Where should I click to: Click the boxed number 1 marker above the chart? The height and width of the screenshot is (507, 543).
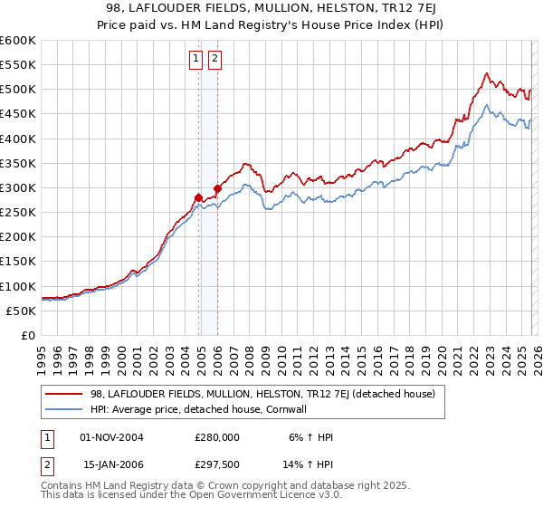point(195,60)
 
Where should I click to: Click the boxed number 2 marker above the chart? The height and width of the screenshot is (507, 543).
point(214,60)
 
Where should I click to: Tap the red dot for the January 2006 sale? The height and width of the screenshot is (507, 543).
point(218,189)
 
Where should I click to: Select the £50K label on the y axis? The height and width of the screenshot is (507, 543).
point(22,311)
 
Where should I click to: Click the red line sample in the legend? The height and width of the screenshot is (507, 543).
point(65,394)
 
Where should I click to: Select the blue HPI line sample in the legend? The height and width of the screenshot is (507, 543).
point(65,409)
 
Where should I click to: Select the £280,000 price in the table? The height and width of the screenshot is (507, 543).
point(216,436)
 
